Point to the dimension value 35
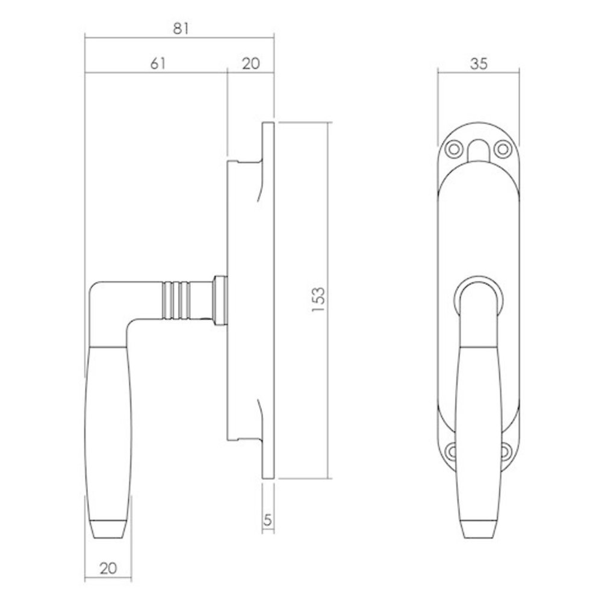pyautogui.click(x=478, y=63)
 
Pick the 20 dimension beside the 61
pyautogui.click(x=250, y=63)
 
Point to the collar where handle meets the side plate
pyautogui.click(x=219, y=299)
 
